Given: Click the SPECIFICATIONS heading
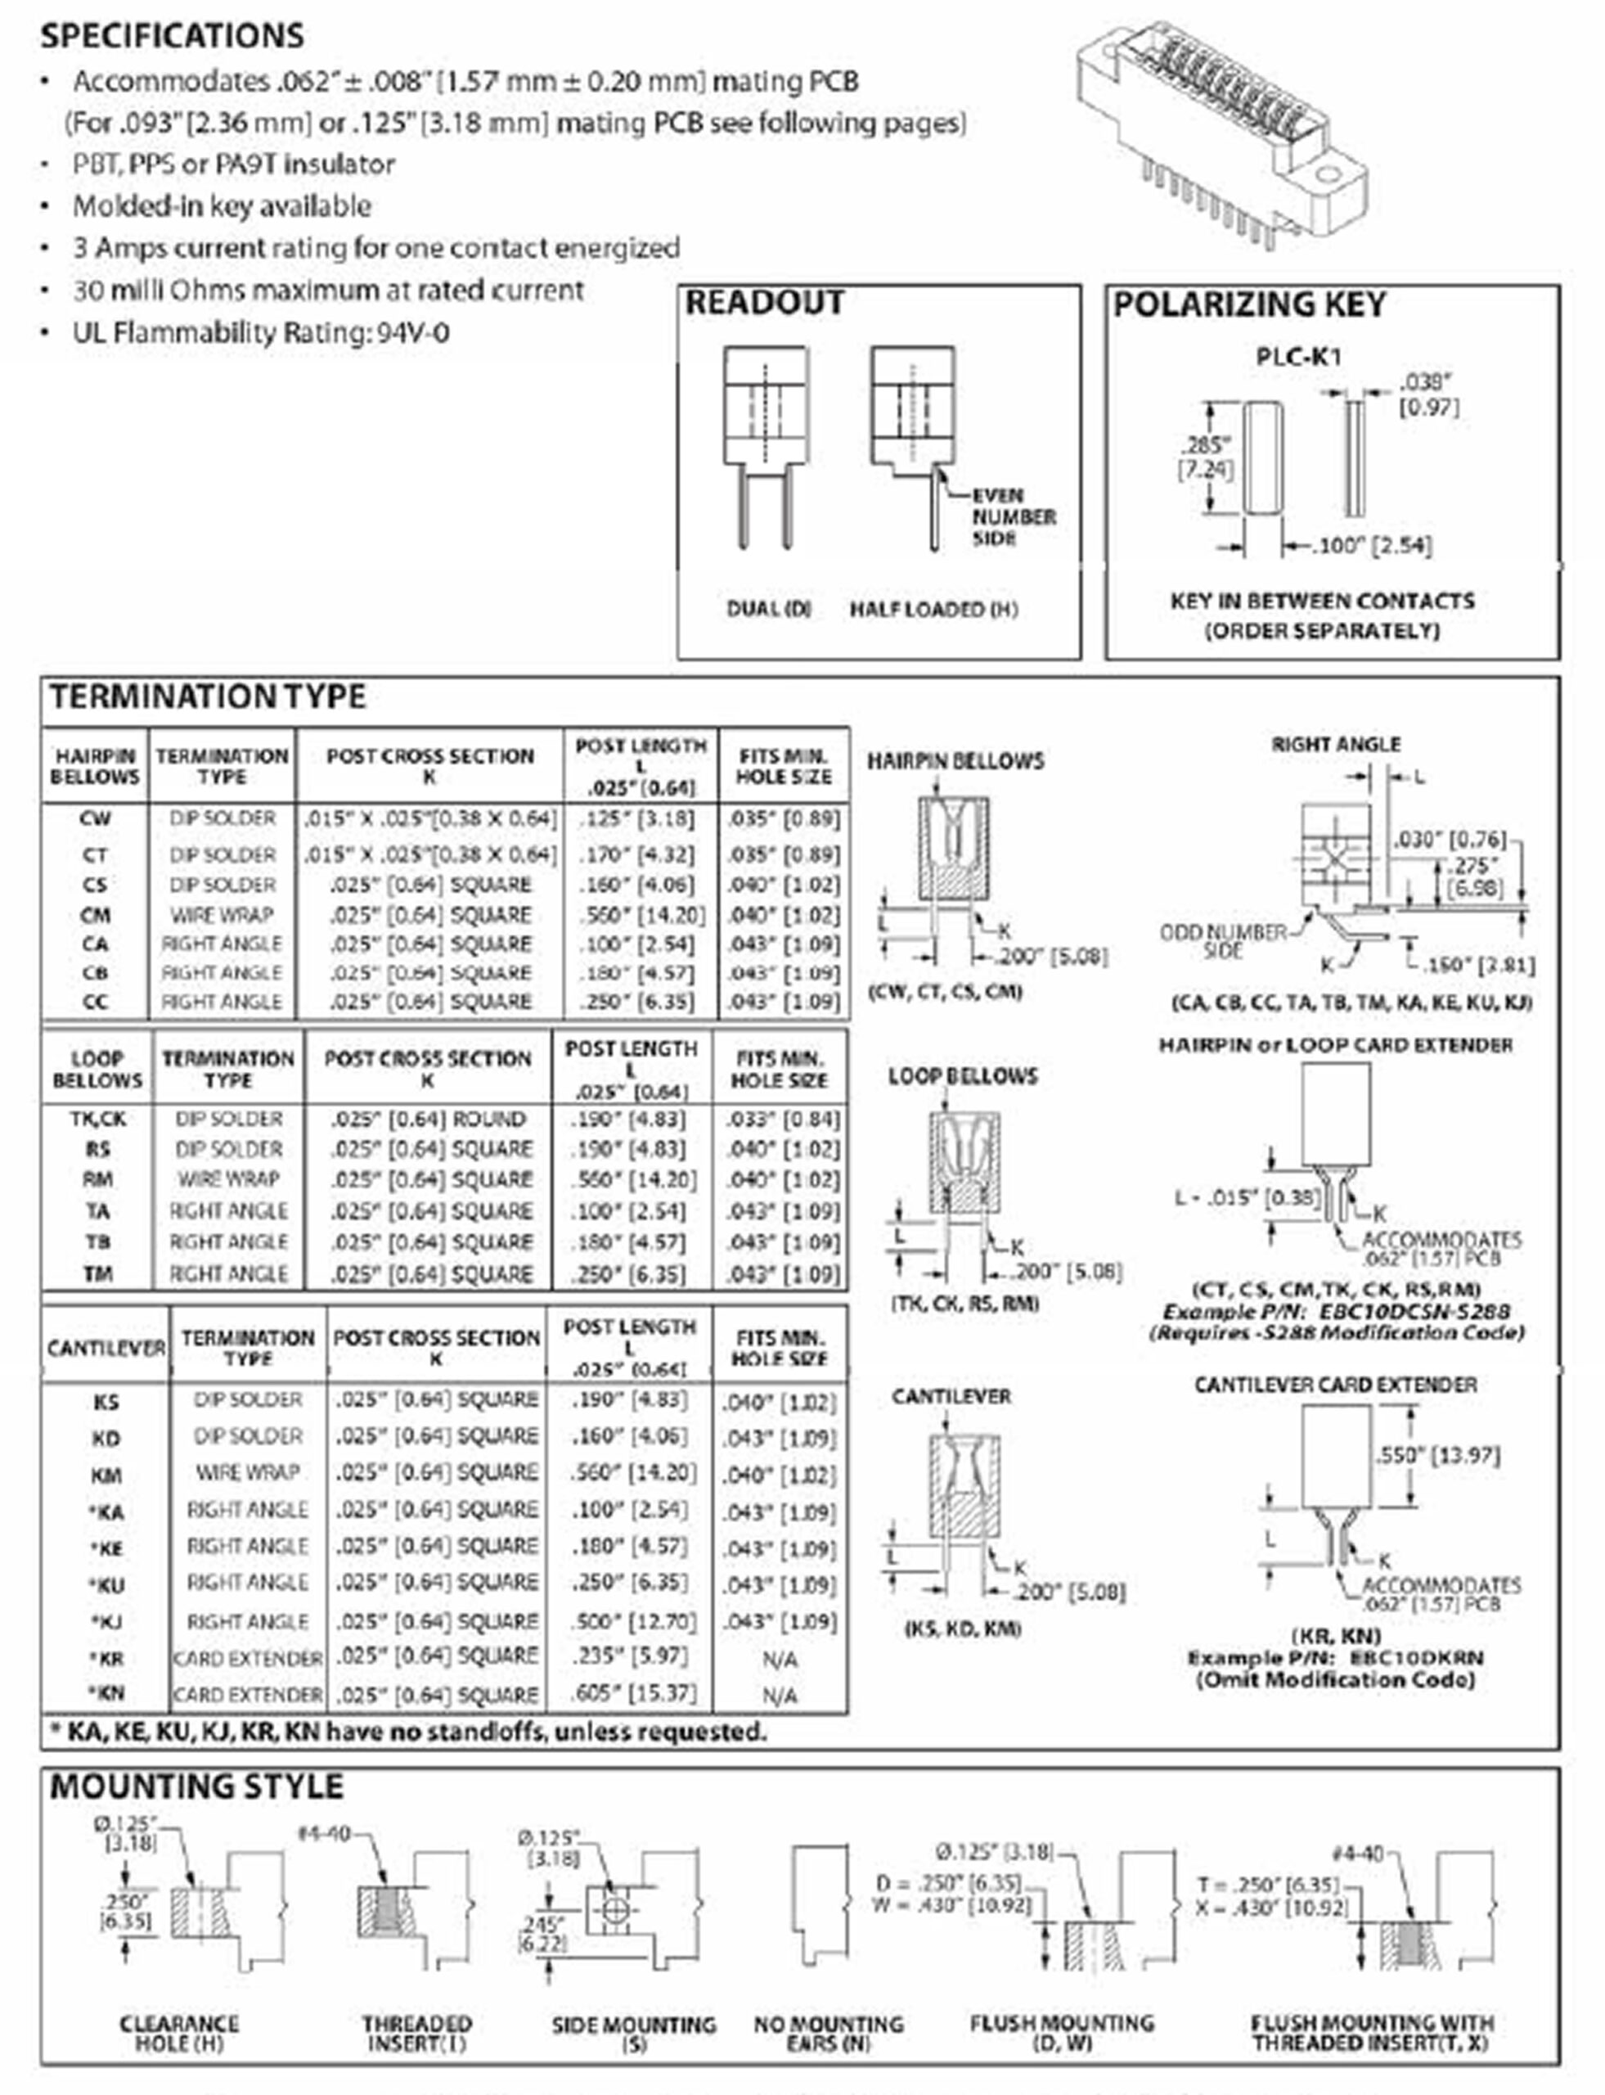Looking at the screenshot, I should (172, 35).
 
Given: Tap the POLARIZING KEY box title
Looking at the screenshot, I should (1248, 305).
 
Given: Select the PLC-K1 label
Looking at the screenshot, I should (1298, 358).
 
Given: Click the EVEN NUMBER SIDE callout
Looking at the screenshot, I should (1013, 517).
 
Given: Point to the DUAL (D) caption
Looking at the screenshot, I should (768, 609).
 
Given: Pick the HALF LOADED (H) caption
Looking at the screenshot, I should (933, 609).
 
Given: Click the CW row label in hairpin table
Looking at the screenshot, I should (95, 819).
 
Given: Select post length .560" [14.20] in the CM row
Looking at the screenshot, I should (641, 915).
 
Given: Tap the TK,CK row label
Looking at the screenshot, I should (97, 1118).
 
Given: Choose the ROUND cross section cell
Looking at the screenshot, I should (428, 1118).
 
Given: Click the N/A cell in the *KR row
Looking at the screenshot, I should (780, 1659).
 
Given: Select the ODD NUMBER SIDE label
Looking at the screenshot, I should (1223, 940).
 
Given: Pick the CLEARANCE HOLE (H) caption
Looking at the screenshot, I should (178, 2034).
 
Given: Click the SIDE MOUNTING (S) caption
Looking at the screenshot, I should (633, 2034).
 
